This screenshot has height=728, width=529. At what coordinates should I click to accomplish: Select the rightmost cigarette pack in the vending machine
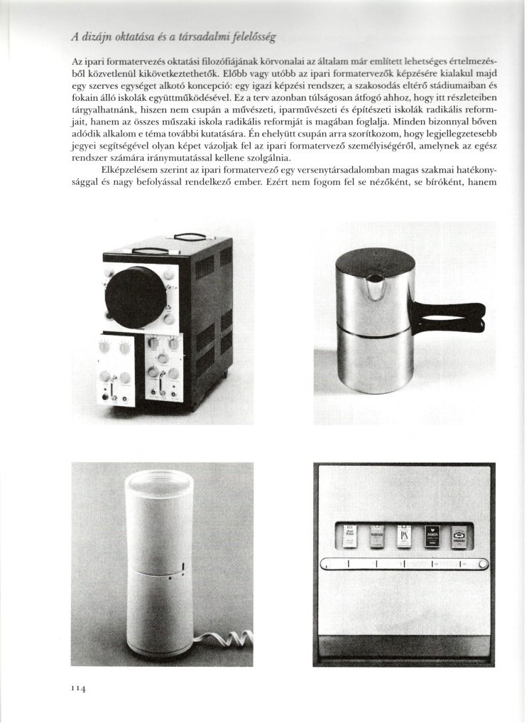point(459,536)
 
